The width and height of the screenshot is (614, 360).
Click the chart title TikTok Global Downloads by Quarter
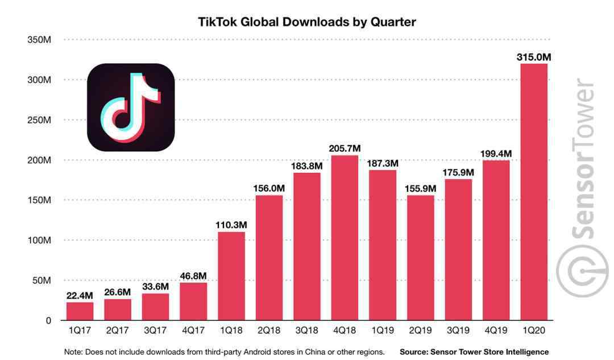pos(307,22)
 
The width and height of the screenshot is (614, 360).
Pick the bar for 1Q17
pos(80,311)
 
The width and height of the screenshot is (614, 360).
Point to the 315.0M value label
pos(534,57)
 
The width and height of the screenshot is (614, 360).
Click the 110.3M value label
pos(231,225)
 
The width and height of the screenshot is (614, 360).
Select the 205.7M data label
pos(345,148)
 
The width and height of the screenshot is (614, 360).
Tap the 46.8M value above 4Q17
pos(193,276)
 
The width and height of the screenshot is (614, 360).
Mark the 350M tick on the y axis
pos(39,40)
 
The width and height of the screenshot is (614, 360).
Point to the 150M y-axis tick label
pos(39,200)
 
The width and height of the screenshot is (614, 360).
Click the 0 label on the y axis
pos(48,321)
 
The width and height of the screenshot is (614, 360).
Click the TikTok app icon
pos(131,107)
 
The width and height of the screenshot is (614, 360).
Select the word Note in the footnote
pos(73,352)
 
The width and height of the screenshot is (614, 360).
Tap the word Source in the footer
pos(414,352)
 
